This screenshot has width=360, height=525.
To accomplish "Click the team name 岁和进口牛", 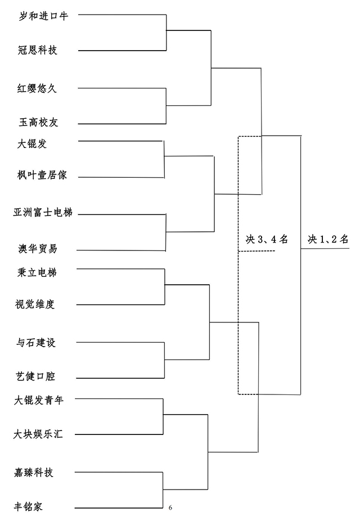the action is click(x=43, y=16).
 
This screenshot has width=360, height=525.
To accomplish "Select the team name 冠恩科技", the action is click(x=38, y=50).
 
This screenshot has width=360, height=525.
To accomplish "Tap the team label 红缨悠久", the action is click(x=37, y=88).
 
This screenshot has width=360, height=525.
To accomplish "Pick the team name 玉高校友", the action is click(x=38, y=122).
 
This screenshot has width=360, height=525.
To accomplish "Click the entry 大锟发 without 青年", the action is click(x=32, y=144).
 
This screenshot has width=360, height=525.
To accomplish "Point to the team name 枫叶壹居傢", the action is click(x=42, y=175).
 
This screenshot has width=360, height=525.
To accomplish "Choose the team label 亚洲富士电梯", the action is click(x=43, y=212).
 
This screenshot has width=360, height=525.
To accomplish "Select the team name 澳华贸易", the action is click(x=38, y=249).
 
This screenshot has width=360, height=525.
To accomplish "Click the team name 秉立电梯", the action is click(x=37, y=272).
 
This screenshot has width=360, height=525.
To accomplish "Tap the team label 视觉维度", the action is click(x=35, y=304).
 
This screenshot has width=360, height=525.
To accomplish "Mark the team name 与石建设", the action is click(x=36, y=343).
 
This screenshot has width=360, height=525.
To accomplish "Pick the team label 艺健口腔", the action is click(x=35, y=376).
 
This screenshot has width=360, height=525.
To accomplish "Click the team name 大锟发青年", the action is click(x=39, y=400).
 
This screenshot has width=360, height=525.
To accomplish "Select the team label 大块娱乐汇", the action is click(x=38, y=434).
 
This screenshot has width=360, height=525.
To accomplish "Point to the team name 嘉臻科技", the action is click(x=33, y=473).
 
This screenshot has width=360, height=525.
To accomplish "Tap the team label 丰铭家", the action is click(x=29, y=506).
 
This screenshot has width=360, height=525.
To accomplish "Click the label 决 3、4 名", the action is click(x=267, y=239).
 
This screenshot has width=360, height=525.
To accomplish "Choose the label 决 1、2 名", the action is click(x=328, y=239).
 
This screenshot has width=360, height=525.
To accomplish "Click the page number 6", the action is click(x=170, y=508).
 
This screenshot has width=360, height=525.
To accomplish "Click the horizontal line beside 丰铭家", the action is click(x=119, y=508).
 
